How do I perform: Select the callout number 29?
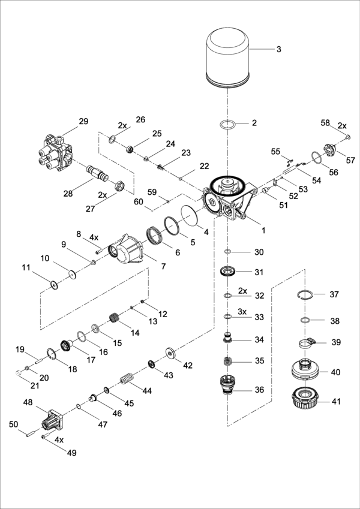pos(83,121)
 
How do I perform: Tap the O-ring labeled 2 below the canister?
pos(227,124)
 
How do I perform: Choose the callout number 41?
pos(335,400)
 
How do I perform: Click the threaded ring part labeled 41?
pos(304,399)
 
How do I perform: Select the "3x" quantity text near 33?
pos(242,312)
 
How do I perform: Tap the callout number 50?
pos(13,424)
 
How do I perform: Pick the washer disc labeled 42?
pos(171,354)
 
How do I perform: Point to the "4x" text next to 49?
pos(59,439)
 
